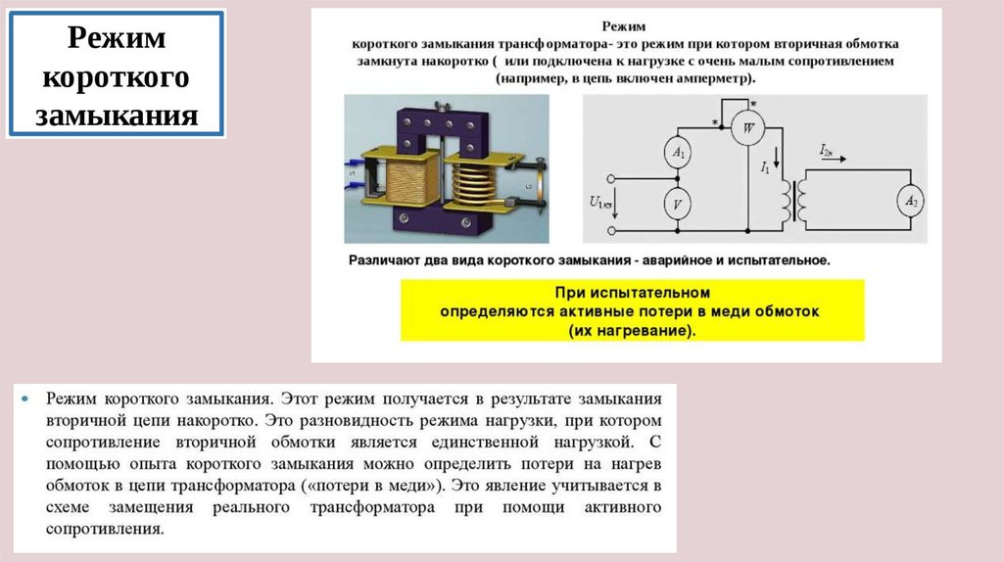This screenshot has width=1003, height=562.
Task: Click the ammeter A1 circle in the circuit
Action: click(678, 152)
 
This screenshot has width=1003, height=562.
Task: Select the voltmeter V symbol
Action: click(678, 204)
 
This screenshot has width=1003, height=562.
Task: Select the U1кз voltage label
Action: click(600, 204)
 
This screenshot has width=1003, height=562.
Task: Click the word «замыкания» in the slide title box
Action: click(117, 116)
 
